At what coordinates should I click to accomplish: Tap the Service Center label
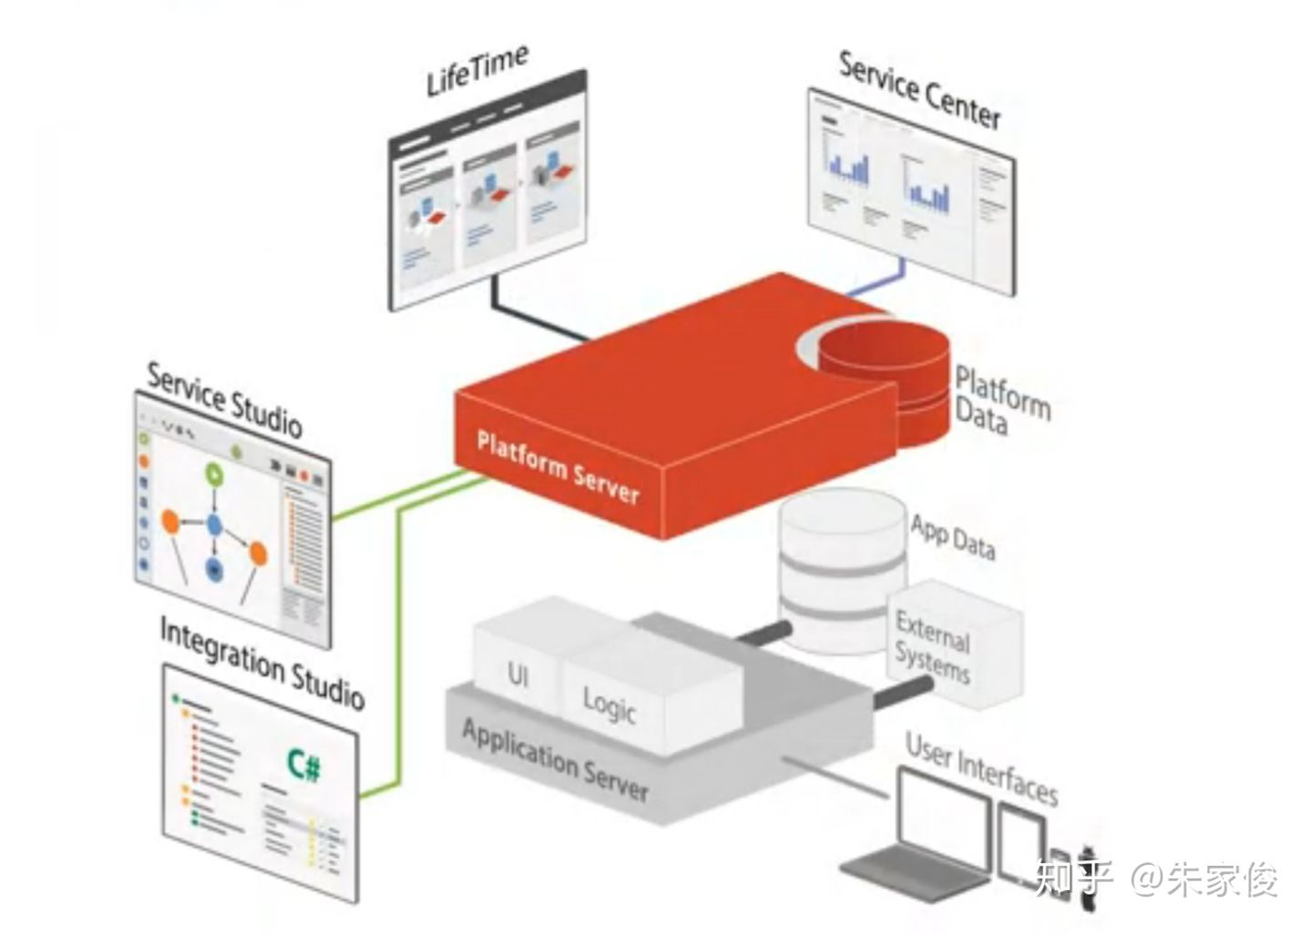[918, 89]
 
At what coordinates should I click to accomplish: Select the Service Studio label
[224, 399]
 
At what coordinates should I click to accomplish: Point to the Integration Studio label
[262, 662]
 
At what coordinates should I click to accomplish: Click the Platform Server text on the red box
[558, 468]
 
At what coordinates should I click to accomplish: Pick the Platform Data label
[1001, 401]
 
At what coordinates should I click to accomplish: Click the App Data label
[953, 537]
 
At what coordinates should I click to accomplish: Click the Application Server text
[555, 760]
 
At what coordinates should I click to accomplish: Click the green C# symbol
[303, 764]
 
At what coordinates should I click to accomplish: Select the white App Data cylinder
[843, 564]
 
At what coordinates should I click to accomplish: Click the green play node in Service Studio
[213, 472]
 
